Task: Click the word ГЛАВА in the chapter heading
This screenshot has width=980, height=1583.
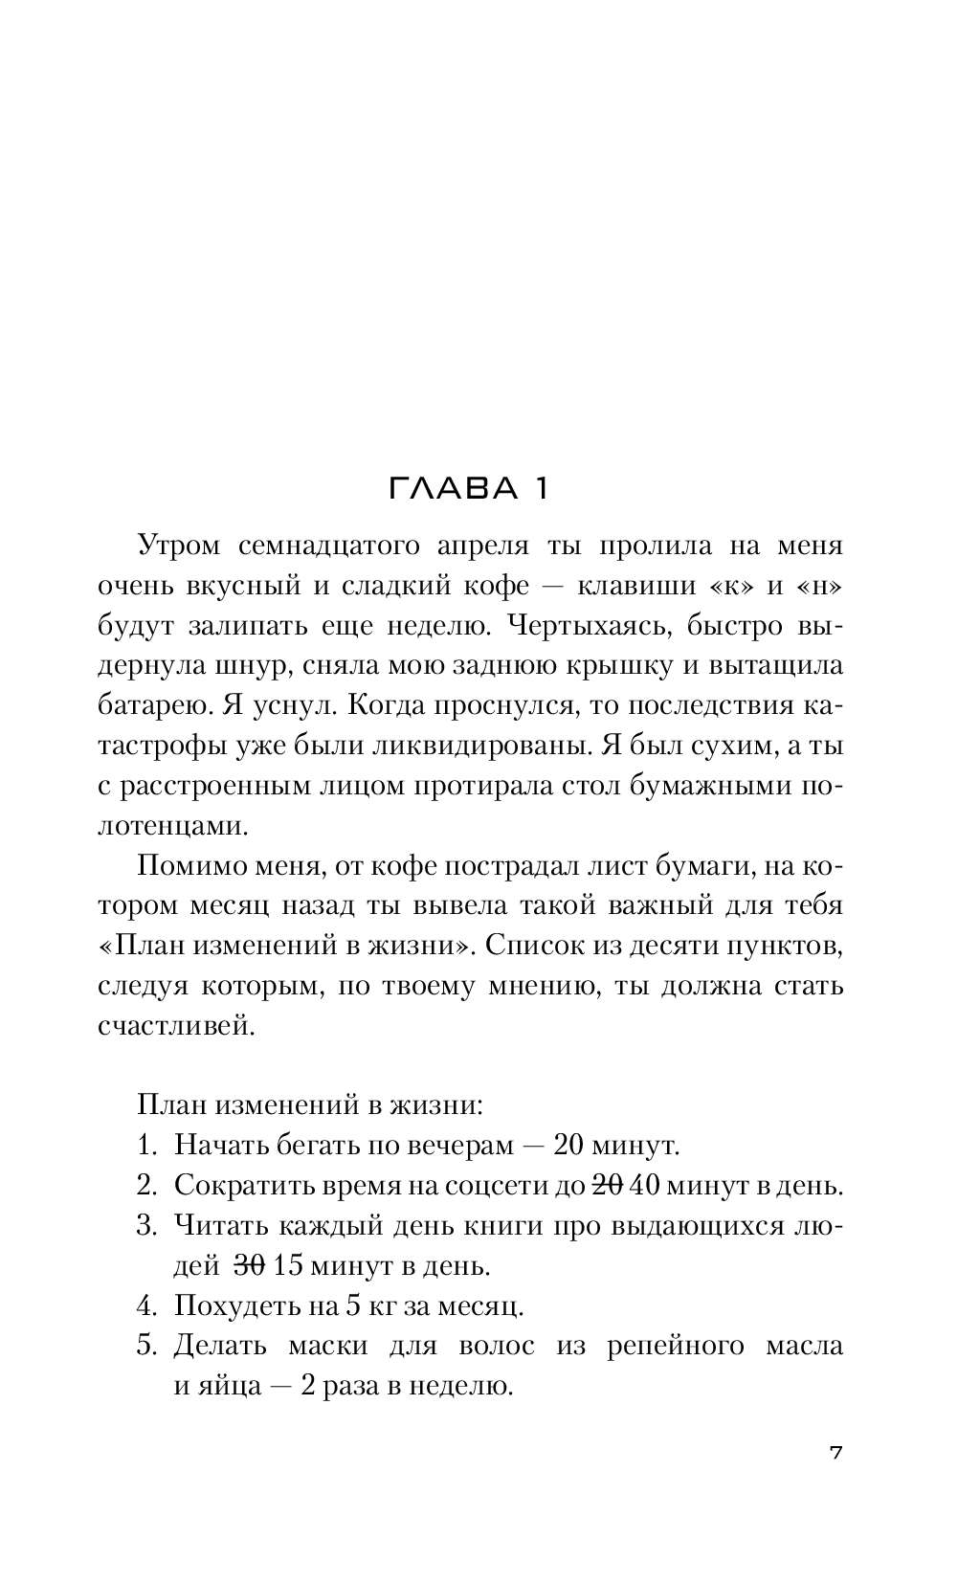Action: coord(446,489)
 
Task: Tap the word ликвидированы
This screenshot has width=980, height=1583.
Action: coord(480,747)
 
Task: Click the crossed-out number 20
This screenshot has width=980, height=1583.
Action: coord(607,1186)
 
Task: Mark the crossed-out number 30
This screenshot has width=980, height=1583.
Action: coord(249,1266)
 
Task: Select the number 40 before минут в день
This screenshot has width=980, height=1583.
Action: coord(646,1186)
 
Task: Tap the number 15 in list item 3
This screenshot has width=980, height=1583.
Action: coord(287,1266)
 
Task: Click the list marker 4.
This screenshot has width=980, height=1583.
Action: coord(145,1305)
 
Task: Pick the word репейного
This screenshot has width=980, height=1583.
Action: coord(674,1346)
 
